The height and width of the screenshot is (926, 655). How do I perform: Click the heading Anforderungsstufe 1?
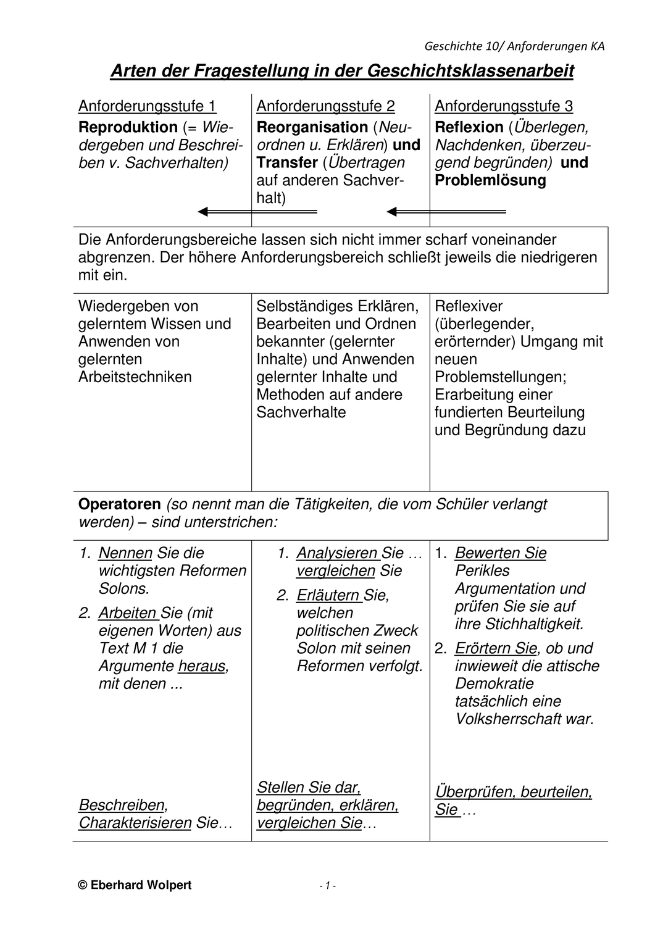coord(147,106)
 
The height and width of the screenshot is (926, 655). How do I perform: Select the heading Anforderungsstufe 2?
coord(325,106)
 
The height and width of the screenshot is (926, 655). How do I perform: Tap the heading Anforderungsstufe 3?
coord(504,106)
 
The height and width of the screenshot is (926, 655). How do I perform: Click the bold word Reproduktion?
coord(128,127)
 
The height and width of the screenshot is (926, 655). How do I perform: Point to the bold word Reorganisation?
coord(312,127)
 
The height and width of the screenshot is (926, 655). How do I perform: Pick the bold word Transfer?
coord(286,163)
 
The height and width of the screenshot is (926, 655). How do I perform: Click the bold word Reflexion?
coord(469,127)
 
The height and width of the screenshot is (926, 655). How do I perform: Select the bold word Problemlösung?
coord(490,181)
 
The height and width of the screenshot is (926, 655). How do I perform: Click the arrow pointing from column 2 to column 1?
coord(257,212)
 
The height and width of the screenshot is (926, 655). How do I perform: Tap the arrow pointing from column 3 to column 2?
coord(446,212)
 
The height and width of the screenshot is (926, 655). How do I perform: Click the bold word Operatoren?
coord(119,504)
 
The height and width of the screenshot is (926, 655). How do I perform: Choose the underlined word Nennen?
coord(125,553)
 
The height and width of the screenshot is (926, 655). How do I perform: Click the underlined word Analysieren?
coord(336,553)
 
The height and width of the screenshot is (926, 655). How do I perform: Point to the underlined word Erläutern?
coord(328,596)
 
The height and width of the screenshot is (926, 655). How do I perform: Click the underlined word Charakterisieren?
coord(135,824)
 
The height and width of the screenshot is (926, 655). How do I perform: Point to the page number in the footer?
coord(327,886)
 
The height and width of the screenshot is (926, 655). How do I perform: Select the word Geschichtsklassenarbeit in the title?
coord(470,72)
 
